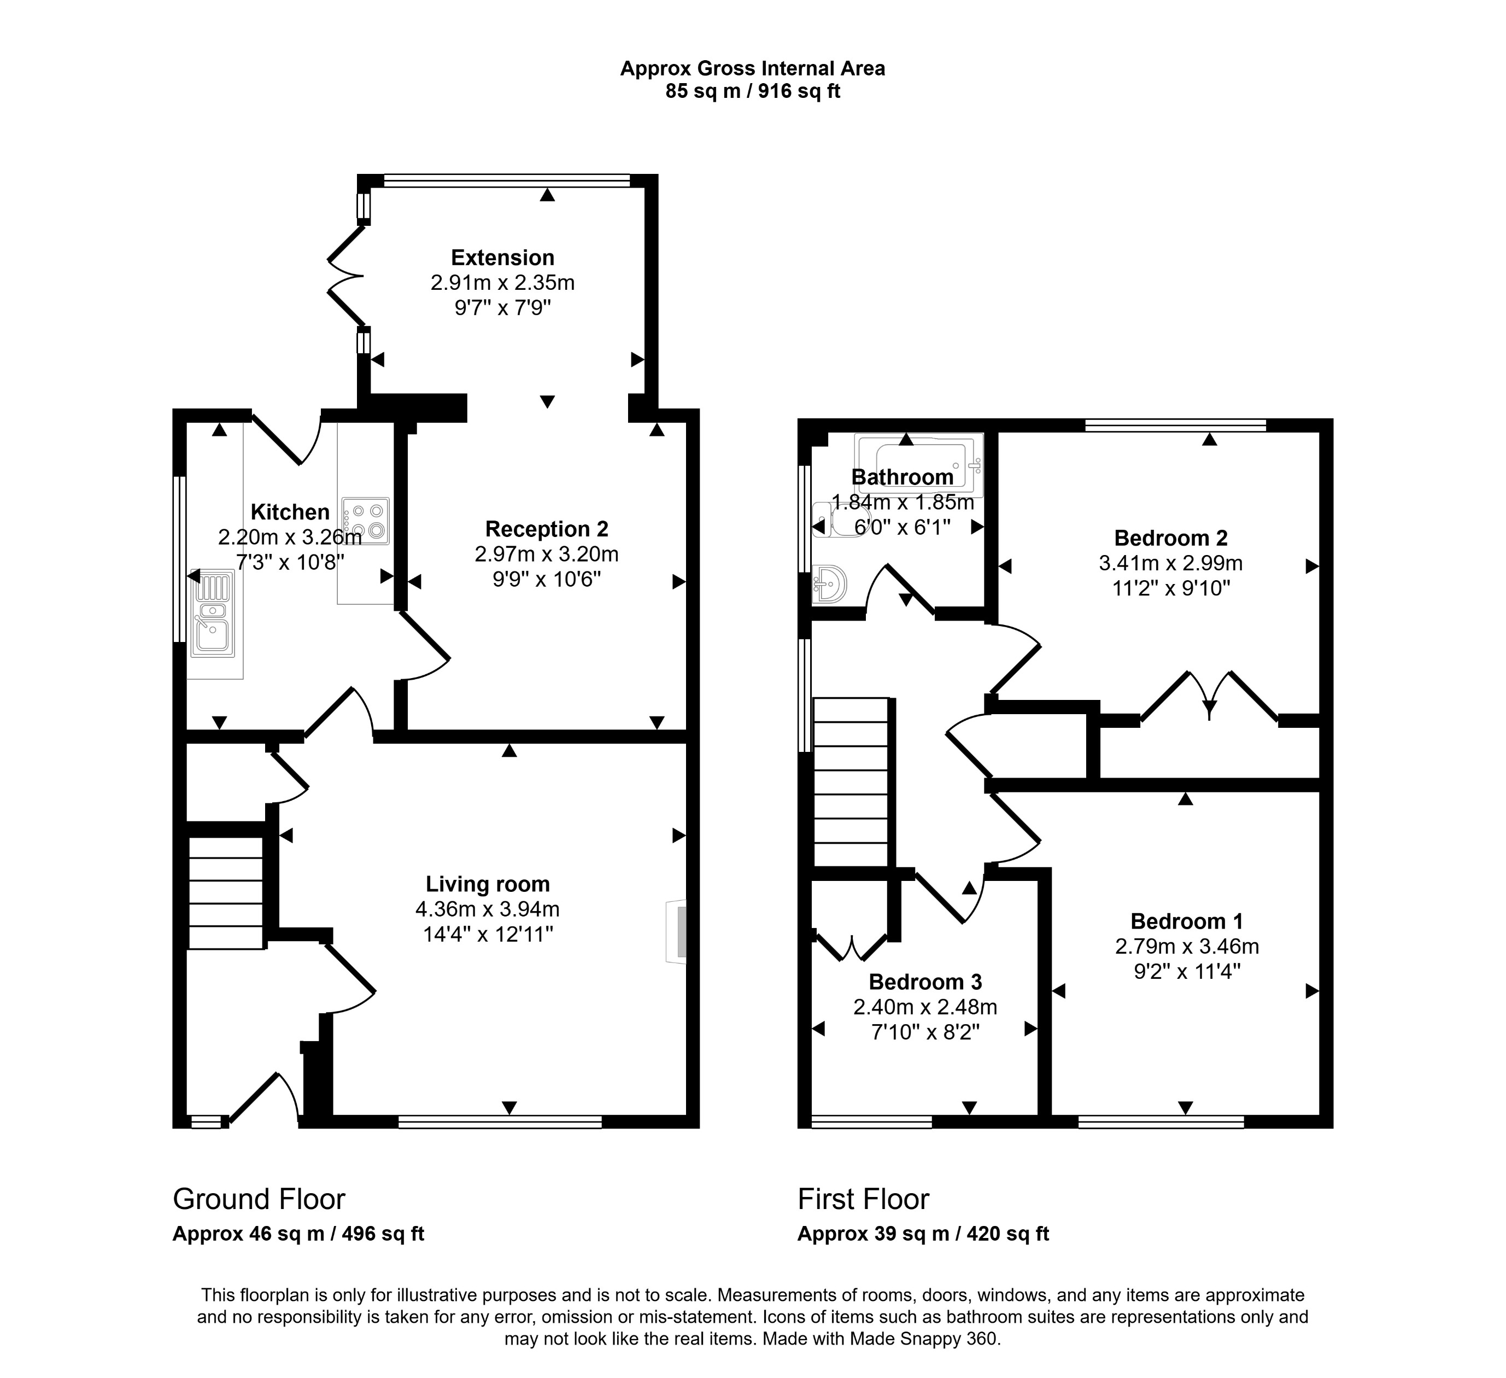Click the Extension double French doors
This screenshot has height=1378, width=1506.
(345, 277)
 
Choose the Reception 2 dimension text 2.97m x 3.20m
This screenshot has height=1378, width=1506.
(547, 554)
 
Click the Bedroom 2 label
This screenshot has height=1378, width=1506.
(1170, 538)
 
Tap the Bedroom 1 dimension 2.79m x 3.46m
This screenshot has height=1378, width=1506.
(1187, 946)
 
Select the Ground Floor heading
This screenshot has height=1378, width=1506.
(259, 1199)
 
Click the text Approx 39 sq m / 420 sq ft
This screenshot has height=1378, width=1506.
(923, 1234)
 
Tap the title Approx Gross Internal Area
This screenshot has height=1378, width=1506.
(752, 69)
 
